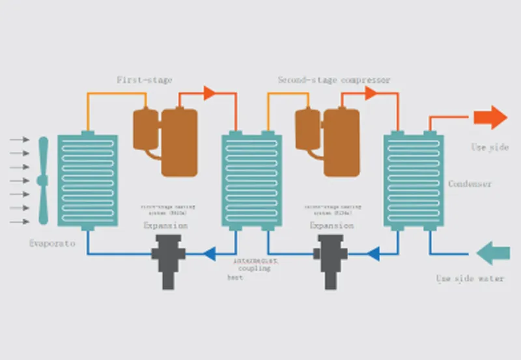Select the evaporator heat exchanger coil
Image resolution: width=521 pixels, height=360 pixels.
pos(87,180)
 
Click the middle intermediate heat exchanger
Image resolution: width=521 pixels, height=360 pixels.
pos(251,180)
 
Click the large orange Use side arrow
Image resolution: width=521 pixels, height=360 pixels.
pos(490,117)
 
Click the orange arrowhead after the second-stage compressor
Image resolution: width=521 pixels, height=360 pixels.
pos(371,93)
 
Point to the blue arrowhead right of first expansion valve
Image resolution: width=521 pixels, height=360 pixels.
pos(208,254)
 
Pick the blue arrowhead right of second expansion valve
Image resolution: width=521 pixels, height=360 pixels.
pos(373,254)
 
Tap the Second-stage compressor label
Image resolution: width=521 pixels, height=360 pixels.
pos(334,80)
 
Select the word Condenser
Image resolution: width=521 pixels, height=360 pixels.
pos(470,184)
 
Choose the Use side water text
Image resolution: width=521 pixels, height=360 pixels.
pos(470,279)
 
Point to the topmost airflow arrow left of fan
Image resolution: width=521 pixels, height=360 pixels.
pos(20,139)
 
